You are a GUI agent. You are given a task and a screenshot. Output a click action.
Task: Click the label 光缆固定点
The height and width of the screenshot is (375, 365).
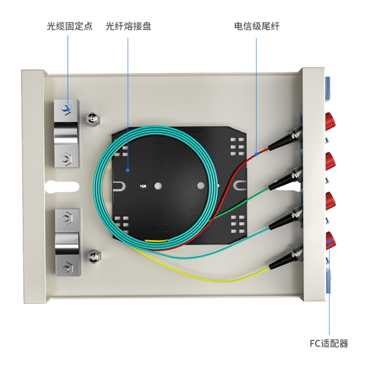69,26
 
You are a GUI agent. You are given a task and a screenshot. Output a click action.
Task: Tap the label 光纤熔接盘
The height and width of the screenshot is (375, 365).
128,26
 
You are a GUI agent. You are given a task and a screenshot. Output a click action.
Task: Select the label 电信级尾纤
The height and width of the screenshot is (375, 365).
257,26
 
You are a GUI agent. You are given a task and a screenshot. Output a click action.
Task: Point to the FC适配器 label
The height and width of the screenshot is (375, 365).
329,343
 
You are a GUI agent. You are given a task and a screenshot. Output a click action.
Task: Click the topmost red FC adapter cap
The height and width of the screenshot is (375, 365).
331,121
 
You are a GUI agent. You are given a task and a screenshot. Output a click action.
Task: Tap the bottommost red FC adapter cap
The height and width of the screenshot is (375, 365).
331,241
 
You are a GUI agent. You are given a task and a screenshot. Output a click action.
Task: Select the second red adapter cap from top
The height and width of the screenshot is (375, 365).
331,161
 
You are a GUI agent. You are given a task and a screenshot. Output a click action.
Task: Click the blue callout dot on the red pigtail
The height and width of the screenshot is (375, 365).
256,154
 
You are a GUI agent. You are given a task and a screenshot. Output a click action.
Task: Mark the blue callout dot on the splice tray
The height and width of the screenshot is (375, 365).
128,170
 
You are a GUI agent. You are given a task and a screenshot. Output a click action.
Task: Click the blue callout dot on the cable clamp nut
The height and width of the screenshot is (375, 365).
68,110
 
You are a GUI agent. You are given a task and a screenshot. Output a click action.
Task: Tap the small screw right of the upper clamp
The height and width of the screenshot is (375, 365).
93,118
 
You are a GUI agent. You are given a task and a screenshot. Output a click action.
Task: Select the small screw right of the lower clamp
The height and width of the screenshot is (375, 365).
94,257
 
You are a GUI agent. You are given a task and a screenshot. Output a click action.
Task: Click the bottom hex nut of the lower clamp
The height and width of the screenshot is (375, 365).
66,268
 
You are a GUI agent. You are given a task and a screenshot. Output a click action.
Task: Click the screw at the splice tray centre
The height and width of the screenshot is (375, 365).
144,186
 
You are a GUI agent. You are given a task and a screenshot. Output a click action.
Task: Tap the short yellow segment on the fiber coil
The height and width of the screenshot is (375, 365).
157,241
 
